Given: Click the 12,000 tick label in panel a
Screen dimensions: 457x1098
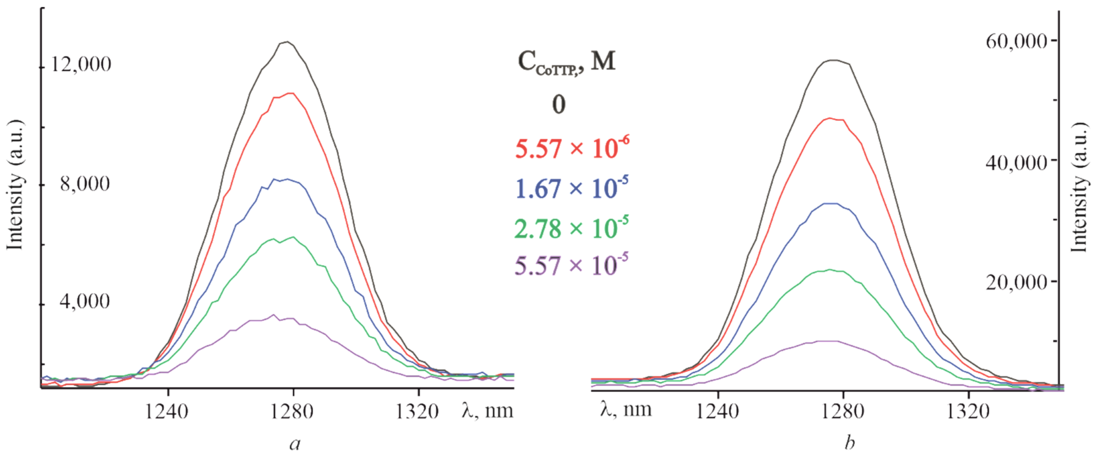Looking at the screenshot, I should pyautogui.click(x=81, y=65).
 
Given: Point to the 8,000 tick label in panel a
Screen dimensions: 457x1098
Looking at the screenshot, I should pyautogui.click(x=85, y=184).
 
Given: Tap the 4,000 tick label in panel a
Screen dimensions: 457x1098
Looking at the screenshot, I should pyautogui.click(x=85, y=302).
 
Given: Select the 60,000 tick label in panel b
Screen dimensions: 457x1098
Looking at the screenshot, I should pyautogui.click(x=1016, y=42).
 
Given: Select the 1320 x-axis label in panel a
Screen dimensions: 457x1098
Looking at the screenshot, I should pyautogui.click(x=417, y=412).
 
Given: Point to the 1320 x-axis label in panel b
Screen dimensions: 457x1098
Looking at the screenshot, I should pyautogui.click(x=968, y=412).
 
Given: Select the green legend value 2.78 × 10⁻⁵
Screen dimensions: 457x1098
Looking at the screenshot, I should pyautogui.click(x=571, y=228).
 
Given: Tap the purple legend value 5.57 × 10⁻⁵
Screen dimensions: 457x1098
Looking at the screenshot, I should pyautogui.click(x=571, y=266).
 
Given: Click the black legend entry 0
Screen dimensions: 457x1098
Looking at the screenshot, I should pyautogui.click(x=559, y=105).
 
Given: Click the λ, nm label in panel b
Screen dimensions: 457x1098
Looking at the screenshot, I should pyautogui.click(x=626, y=409).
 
